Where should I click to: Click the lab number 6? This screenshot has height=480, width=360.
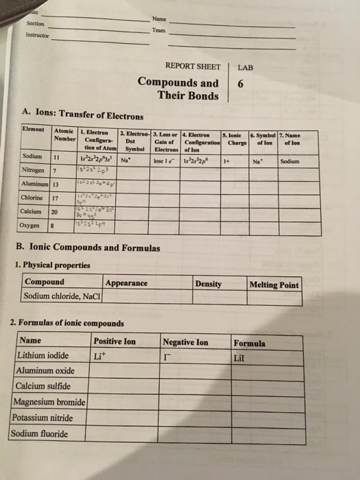point(240,85)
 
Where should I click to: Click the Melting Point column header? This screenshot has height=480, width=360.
point(274,285)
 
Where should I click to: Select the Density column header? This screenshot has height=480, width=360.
point(208,283)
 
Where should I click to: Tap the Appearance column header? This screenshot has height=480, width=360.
point(127,283)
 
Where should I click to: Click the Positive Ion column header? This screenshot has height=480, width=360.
point(115,341)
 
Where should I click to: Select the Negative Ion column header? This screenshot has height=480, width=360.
point(185,341)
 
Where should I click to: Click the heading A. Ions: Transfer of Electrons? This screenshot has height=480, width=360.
point(83,115)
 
